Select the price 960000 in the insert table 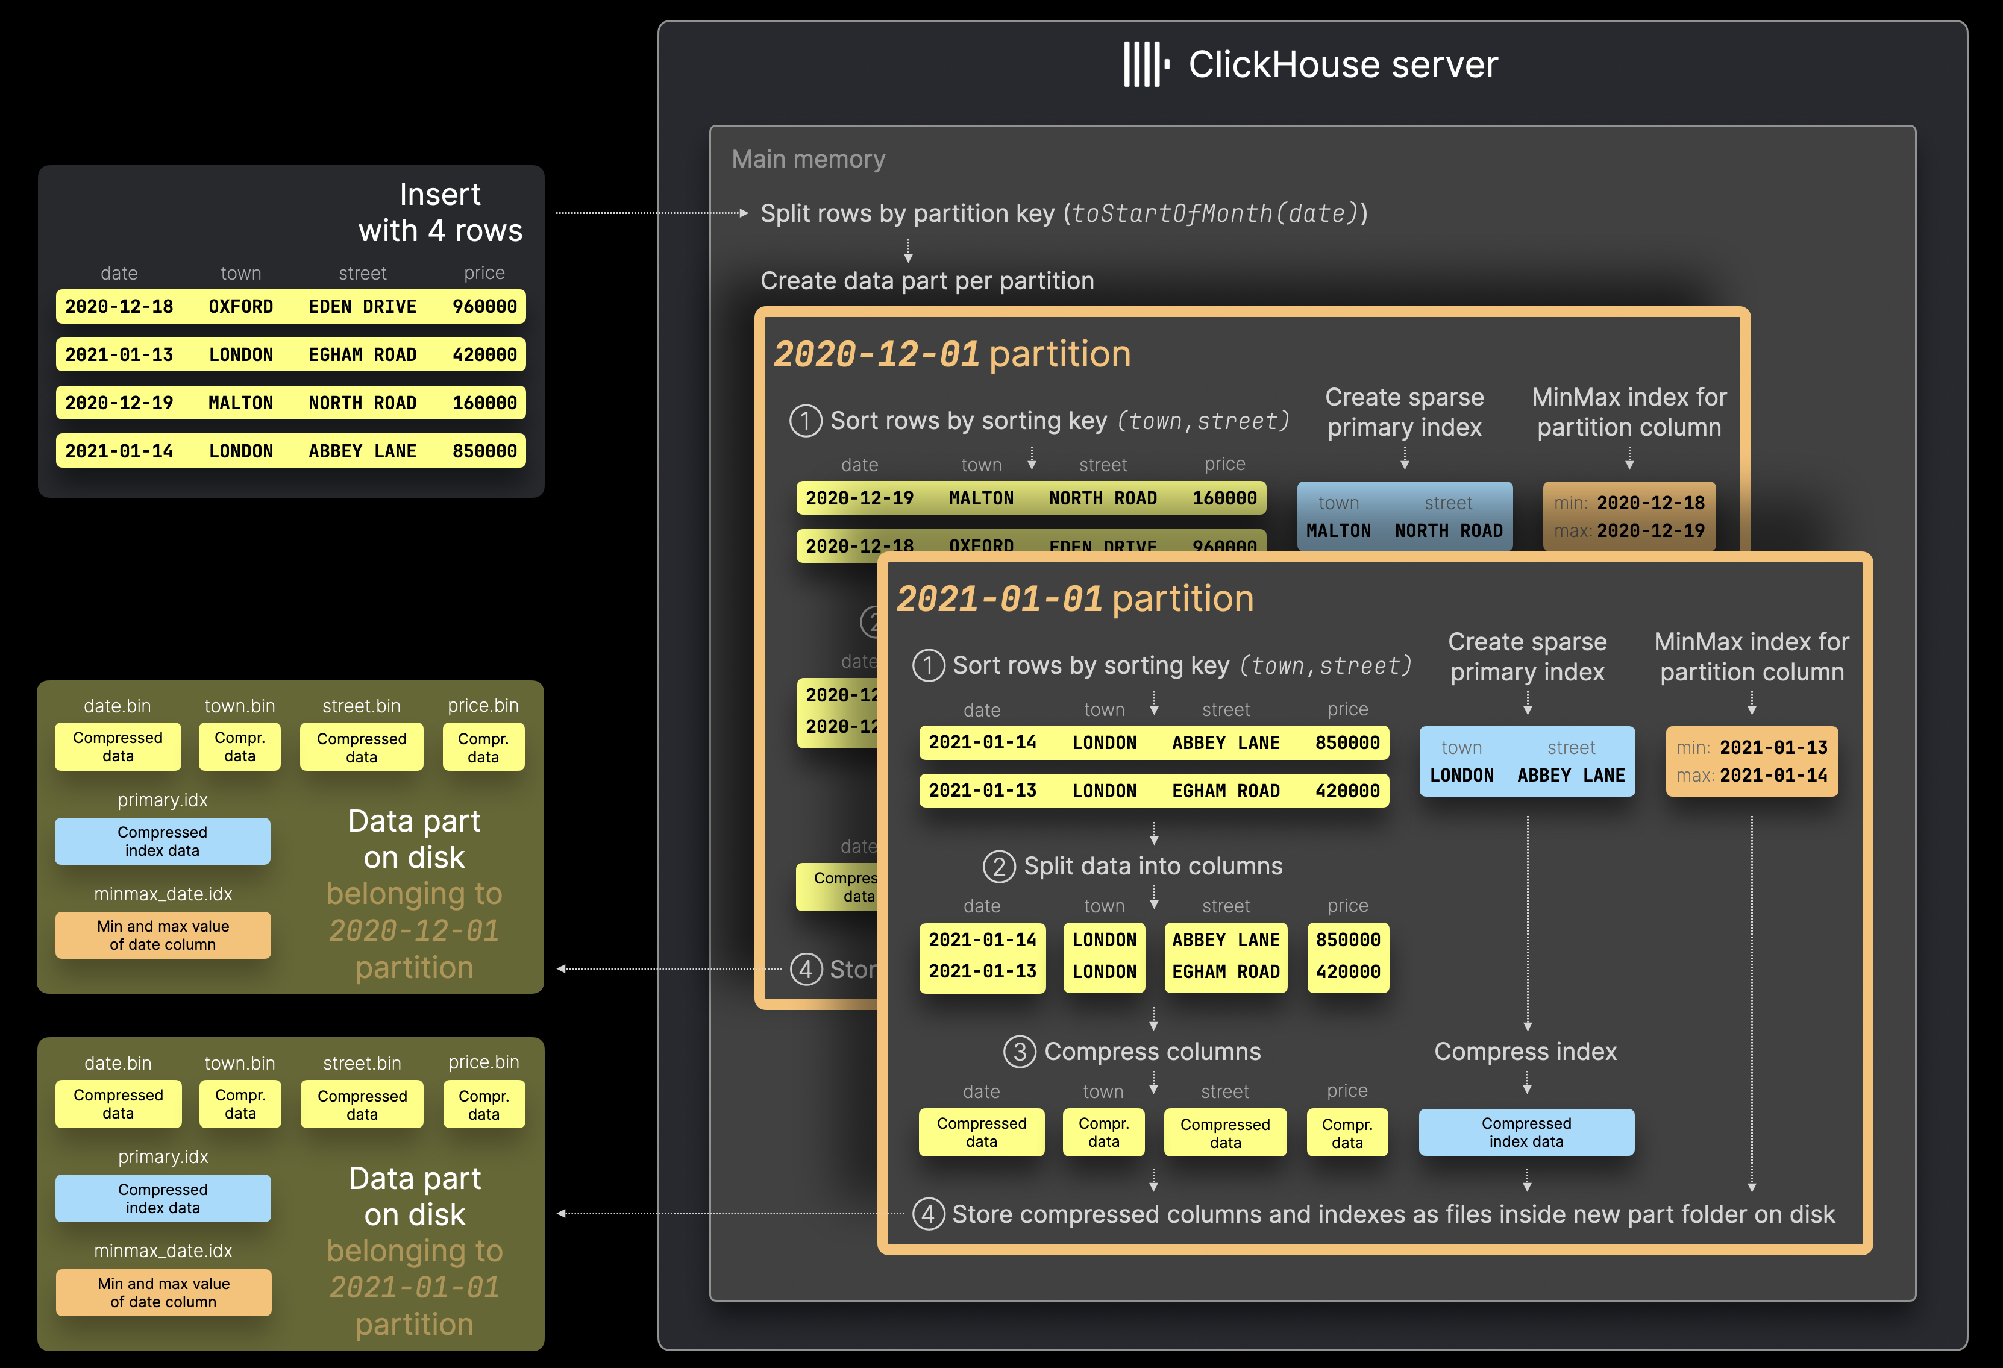[x=484, y=307]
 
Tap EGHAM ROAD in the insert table [x=362, y=355]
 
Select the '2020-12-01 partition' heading [x=951, y=354]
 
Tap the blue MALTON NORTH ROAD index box [x=1404, y=516]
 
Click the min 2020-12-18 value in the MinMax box [x=1650, y=503]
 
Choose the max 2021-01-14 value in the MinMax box [x=1773, y=776]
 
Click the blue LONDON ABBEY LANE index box [x=1526, y=761]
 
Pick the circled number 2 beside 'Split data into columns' [x=999, y=867]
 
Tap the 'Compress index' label [x=1525, y=1052]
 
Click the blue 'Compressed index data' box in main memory [x=1526, y=1132]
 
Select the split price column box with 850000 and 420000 [x=1347, y=956]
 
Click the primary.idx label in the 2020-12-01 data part [x=162, y=800]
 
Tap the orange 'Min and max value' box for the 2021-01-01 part [x=163, y=1292]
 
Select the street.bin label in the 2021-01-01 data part [x=362, y=1064]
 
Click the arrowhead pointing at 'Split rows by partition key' [x=744, y=213]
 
